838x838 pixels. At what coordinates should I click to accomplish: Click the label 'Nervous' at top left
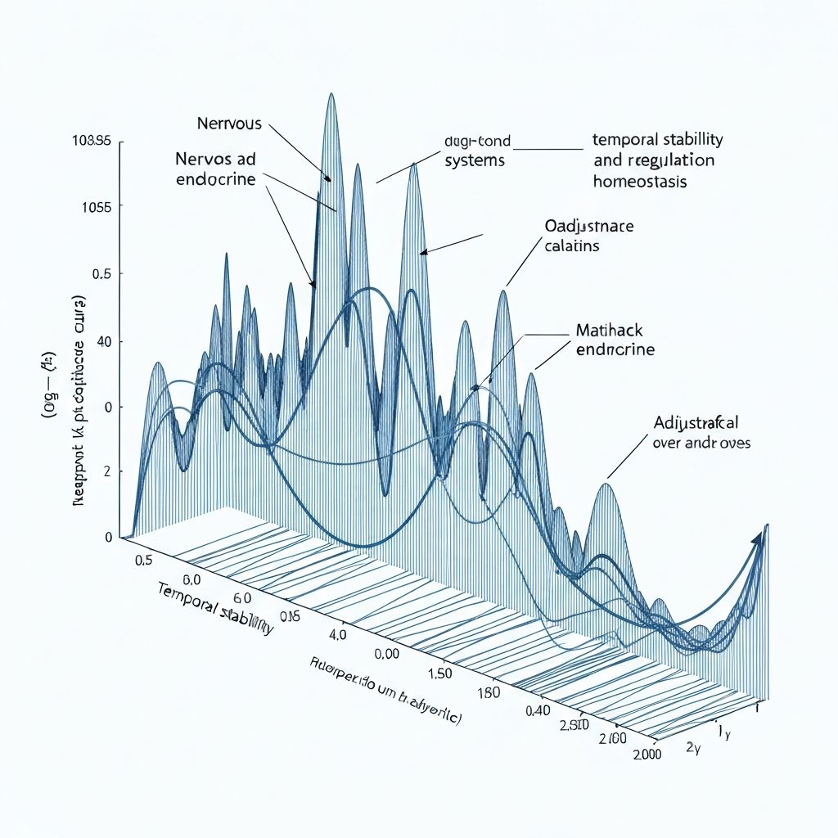click(x=229, y=124)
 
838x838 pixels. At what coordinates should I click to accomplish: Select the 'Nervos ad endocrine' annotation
click(x=215, y=168)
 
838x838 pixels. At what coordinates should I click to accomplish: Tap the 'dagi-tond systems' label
click(x=476, y=151)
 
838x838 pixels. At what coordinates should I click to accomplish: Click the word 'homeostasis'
click(x=640, y=181)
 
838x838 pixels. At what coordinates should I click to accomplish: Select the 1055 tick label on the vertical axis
click(x=97, y=206)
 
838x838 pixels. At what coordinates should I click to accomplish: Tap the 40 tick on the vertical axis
click(x=103, y=341)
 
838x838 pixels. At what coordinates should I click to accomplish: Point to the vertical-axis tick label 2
click(x=107, y=472)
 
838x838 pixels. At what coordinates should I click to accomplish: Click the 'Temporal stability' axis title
click(x=213, y=610)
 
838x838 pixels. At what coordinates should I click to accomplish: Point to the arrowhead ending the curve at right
click(x=758, y=538)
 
